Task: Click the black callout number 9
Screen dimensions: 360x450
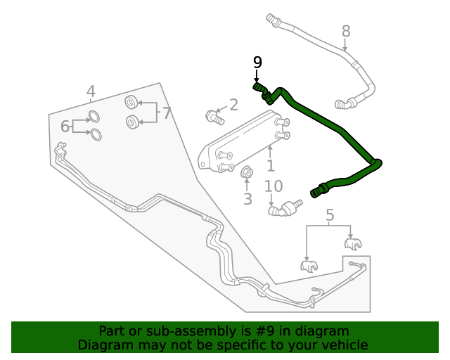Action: (257, 62)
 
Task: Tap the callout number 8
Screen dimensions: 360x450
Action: (346, 31)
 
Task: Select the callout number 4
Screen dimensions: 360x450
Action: (91, 91)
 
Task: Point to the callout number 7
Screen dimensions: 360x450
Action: (167, 112)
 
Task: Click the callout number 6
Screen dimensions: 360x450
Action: (65, 127)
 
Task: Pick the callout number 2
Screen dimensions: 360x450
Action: (233, 105)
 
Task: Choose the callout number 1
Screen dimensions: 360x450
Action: (270, 166)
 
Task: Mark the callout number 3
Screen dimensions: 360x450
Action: (247, 199)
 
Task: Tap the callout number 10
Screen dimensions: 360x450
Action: (274, 186)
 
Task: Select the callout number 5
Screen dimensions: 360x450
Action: (330, 216)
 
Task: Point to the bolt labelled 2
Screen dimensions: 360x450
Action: (212, 116)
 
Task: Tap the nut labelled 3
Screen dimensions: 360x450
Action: (247, 173)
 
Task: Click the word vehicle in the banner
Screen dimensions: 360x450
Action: (343, 345)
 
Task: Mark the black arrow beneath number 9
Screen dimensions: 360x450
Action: (257, 76)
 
